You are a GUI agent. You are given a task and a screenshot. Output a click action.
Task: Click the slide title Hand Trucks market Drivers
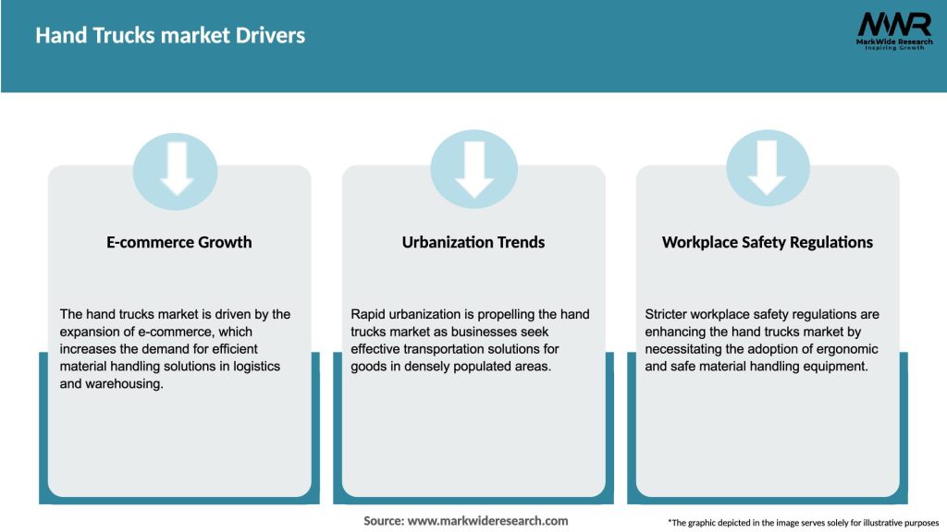170,36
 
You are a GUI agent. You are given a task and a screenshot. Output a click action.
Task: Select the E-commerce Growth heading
179,243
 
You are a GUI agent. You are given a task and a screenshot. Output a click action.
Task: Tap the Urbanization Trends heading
473,243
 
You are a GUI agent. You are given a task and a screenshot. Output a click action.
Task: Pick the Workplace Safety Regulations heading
768,243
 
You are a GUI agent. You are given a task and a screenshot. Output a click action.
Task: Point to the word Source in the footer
384,521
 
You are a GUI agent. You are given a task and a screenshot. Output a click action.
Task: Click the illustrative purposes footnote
803,523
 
